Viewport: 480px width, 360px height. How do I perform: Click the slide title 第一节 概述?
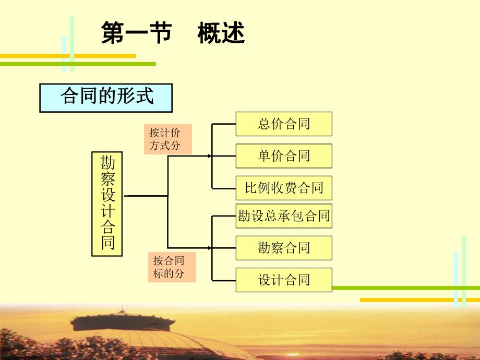173,34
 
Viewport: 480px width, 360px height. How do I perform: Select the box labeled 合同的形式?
106,97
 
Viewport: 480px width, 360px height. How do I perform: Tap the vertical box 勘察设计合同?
107,204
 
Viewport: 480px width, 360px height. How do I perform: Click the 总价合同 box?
284,124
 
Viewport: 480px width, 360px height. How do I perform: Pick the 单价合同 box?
284,155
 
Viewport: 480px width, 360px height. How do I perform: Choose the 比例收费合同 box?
284,188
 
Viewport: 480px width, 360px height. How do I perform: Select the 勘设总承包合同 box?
284,215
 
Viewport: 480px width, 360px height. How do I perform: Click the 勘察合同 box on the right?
284,247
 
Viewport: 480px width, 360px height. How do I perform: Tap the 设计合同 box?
284,280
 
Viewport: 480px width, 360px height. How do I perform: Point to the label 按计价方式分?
168,139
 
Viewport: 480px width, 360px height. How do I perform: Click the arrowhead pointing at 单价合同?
210,155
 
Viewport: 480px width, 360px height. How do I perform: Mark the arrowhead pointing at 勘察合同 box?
210,247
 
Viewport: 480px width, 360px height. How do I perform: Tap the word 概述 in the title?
221,34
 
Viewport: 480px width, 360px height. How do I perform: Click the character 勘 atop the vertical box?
107,163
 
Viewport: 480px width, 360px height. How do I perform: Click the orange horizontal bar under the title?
68,56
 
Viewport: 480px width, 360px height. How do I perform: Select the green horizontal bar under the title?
78,64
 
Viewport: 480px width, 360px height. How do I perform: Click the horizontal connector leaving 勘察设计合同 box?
145,196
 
